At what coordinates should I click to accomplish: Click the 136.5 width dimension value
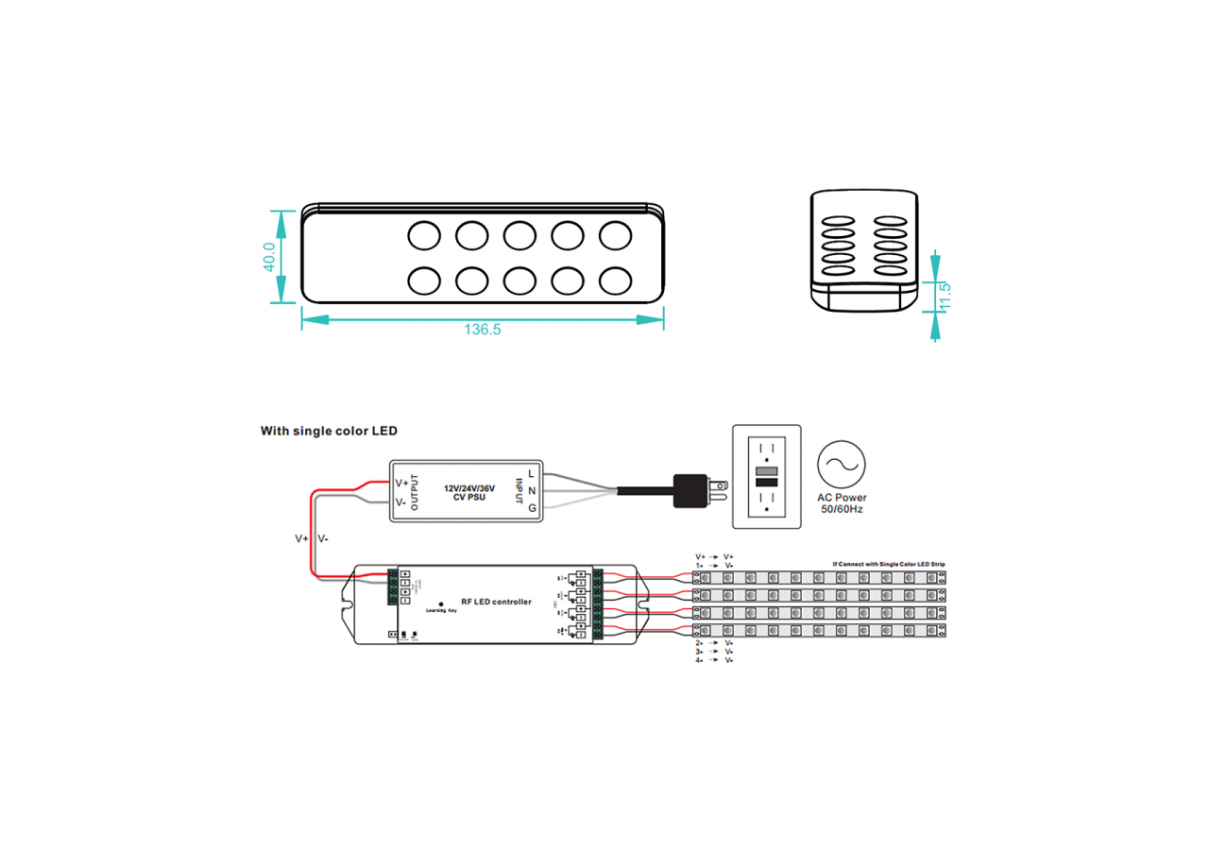coord(482,331)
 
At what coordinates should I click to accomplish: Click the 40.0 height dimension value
coord(269,257)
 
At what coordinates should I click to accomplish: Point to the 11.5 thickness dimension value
coord(944,296)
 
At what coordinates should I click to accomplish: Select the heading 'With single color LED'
coord(329,431)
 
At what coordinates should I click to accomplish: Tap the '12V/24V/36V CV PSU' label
coord(469,492)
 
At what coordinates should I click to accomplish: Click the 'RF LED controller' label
coord(496,602)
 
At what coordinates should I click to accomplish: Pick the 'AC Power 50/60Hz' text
coord(842,503)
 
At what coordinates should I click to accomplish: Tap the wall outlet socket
coord(767,476)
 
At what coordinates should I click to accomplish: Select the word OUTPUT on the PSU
coord(415,491)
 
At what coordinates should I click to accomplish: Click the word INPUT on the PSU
coord(519,491)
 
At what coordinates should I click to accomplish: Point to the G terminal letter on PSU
coord(533,508)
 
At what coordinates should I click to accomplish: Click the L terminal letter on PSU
coord(533,473)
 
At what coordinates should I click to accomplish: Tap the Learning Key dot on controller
coord(441,603)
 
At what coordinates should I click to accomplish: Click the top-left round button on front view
coord(423,234)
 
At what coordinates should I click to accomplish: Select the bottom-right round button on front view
coord(615,280)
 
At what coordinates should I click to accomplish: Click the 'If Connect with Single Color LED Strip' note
coord(889,564)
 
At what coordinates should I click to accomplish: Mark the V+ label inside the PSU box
coord(401,482)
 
